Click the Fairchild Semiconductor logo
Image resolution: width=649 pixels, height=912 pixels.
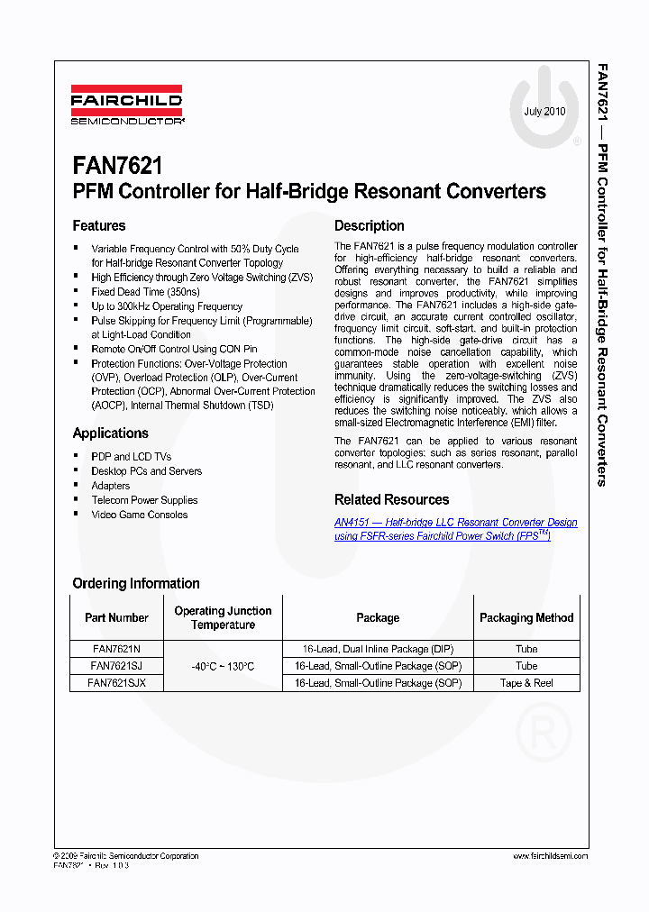[x=127, y=104]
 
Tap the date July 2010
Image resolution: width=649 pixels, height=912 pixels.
[x=544, y=112]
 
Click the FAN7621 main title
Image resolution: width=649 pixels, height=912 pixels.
[x=118, y=167]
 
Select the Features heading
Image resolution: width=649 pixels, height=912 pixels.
[x=99, y=225]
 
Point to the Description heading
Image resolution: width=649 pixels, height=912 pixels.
[x=369, y=225]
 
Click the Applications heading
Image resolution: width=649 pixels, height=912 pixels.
[x=110, y=433]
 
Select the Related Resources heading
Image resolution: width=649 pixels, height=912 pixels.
[x=391, y=499]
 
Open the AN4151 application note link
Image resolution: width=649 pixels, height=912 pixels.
[x=455, y=529]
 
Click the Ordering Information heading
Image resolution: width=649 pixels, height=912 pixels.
[x=135, y=583]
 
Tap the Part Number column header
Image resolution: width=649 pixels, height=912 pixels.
[x=116, y=617]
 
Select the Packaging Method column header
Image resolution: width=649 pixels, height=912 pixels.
[x=526, y=617]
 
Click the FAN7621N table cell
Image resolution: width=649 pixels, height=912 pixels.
[x=116, y=649]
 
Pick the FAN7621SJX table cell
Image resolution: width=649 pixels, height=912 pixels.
[x=116, y=683]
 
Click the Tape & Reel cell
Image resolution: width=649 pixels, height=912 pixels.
[x=526, y=683]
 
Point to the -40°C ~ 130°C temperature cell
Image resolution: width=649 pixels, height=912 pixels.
[x=223, y=666]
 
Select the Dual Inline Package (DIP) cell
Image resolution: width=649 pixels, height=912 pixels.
[x=378, y=649]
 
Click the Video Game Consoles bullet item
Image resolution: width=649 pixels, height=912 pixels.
[x=140, y=515]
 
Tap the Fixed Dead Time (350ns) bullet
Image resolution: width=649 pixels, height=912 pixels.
[x=145, y=292]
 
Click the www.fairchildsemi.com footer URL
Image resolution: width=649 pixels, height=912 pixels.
[x=550, y=856]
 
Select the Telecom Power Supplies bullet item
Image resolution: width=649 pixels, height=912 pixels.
[x=144, y=500]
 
